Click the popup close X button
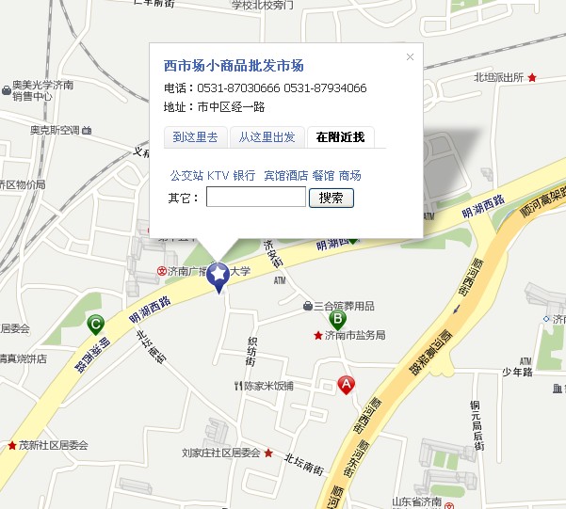(410, 57)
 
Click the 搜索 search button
(331, 198)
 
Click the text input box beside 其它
(255, 198)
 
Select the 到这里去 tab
(195, 137)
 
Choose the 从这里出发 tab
(267, 137)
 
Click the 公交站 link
(186, 176)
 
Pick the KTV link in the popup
(218, 176)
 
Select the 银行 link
(244, 176)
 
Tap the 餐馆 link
(323, 176)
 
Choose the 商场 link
(350, 176)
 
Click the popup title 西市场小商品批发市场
(234, 66)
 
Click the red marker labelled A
(347, 385)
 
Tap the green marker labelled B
(337, 319)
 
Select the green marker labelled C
(94, 325)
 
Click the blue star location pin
(218, 275)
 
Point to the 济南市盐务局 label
(355, 336)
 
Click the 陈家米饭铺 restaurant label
(268, 386)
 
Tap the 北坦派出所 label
(499, 78)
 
